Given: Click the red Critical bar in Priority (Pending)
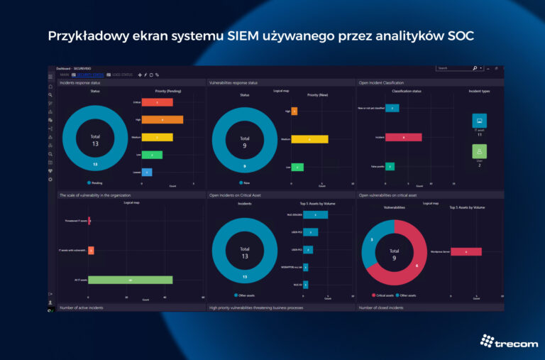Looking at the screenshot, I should [163, 102].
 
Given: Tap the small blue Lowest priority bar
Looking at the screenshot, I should [147, 172].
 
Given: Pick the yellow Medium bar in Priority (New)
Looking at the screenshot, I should [310, 139].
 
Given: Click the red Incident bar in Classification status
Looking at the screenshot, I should [404, 137].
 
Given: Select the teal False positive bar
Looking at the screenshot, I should [390, 166].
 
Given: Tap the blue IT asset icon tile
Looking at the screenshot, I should [480, 121].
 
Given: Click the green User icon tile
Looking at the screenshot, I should [480, 151].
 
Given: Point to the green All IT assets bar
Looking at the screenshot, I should [131, 280].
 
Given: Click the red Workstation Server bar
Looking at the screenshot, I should [466, 251].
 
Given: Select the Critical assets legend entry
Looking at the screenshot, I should [384, 295].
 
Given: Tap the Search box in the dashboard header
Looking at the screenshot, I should [454, 68].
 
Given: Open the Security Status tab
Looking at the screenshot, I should [89, 75].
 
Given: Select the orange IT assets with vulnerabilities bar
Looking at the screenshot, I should [91, 251].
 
